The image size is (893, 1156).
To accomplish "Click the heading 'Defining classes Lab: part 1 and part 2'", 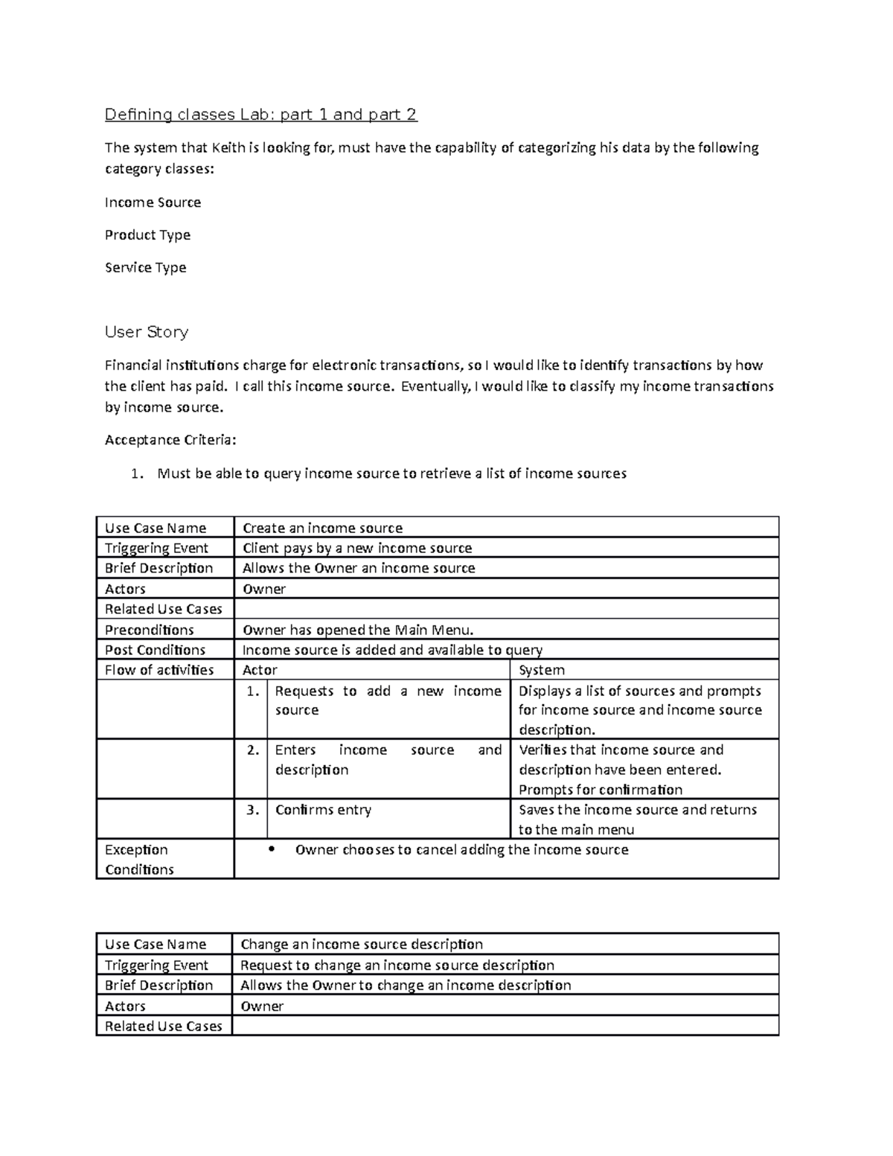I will point(260,115).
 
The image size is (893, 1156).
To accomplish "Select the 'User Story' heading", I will point(146,332).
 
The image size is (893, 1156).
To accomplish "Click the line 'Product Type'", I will point(147,235).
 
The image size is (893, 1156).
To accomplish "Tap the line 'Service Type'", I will point(145,267).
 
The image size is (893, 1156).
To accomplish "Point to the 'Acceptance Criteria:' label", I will point(170,440).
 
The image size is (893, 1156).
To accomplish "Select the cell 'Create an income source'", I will point(322,528).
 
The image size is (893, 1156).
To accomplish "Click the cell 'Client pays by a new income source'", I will point(357,548).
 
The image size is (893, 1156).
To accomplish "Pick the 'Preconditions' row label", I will point(149,630).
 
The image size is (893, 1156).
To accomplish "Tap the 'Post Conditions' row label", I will point(155,650).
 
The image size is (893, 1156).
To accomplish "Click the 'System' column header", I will point(541,670).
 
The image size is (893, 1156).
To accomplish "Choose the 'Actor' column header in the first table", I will point(260,670).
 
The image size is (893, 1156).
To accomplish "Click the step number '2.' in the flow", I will point(253,750).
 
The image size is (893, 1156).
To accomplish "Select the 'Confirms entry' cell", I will point(323,810).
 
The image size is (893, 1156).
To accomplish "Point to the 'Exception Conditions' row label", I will point(138,859).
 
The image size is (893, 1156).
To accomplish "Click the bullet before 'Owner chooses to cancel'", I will point(271,849).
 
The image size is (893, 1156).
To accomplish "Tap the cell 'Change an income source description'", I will point(362,945).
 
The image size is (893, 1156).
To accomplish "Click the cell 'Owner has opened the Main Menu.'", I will point(358,630).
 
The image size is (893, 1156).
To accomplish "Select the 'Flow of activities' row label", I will point(159,670).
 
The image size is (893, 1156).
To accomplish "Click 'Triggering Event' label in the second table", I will point(156,965).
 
